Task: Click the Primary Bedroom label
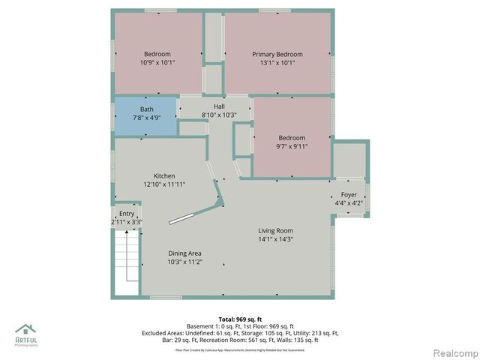(277, 54)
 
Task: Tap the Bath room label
(146, 109)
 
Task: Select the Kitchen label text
(164, 175)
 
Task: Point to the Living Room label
(276, 230)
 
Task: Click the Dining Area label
(184, 253)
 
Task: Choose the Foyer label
(349, 194)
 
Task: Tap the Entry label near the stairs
(127, 214)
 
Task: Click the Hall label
(219, 106)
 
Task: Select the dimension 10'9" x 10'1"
(157, 63)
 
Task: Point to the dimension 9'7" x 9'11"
(292, 147)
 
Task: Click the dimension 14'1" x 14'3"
(276, 240)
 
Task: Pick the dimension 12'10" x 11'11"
(164, 184)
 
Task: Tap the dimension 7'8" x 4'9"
(146, 118)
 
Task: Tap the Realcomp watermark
(452, 352)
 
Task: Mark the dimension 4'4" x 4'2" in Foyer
(349, 203)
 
